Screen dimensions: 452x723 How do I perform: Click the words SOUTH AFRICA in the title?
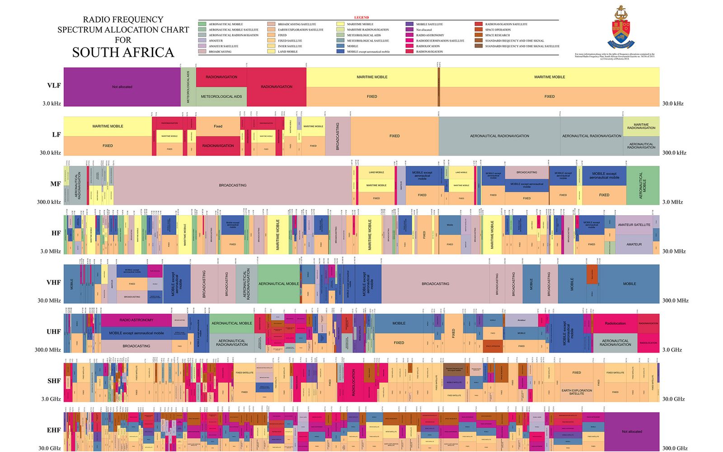[123, 52]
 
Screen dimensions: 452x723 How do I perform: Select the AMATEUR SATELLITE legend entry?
[223, 46]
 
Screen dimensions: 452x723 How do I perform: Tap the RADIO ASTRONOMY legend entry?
[430, 35]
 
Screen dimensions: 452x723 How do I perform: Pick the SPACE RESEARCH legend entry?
[497, 35]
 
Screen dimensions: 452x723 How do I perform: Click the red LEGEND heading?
[361, 18]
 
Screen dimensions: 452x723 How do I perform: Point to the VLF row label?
[54, 85]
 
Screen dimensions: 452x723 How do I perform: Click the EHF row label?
[54, 430]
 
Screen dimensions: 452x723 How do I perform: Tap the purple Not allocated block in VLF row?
[122, 87]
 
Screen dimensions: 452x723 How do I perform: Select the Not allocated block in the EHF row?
[632, 432]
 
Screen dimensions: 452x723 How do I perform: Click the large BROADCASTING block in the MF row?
[233, 185]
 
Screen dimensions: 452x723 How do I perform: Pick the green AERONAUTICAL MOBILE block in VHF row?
[278, 284]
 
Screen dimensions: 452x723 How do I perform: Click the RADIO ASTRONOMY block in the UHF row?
[136, 320]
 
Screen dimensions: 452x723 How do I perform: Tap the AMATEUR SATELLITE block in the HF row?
[634, 225]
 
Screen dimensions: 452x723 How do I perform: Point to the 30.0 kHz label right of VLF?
[673, 104]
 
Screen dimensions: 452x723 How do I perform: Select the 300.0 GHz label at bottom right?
[675, 448]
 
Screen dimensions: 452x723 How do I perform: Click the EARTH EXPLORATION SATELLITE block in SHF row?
[577, 392]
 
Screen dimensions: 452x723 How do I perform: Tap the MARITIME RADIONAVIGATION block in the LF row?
[641, 126]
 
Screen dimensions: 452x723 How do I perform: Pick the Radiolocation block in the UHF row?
[615, 323]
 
